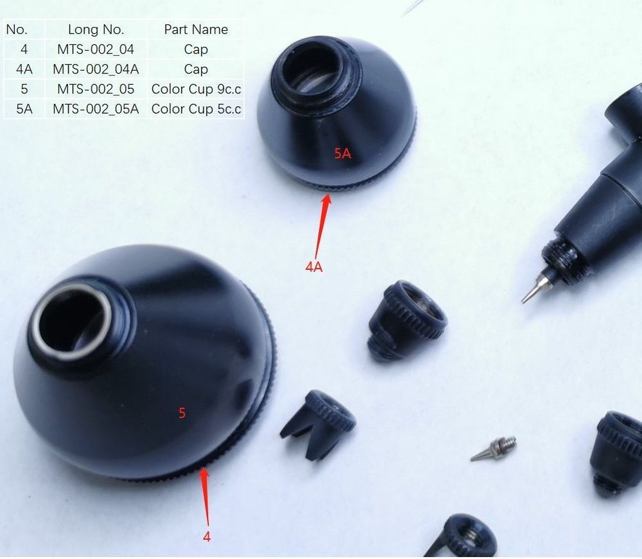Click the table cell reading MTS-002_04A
click(x=96, y=69)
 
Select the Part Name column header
click(x=196, y=30)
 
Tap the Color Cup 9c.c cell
click(x=196, y=89)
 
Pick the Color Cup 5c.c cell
click(x=196, y=109)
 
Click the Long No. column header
click(x=96, y=30)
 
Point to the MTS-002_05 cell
click(x=96, y=89)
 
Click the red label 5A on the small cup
click(x=343, y=154)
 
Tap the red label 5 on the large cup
click(x=182, y=413)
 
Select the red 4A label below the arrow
click(x=314, y=267)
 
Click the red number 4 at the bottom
click(x=207, y=537)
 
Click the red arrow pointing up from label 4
click(x=206, y=497)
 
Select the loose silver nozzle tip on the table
click(x=494, y=449)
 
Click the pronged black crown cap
click(x=318, y=424)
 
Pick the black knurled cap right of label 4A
click(x=406, y=321)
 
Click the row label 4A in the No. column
click(x=24, y=69)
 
